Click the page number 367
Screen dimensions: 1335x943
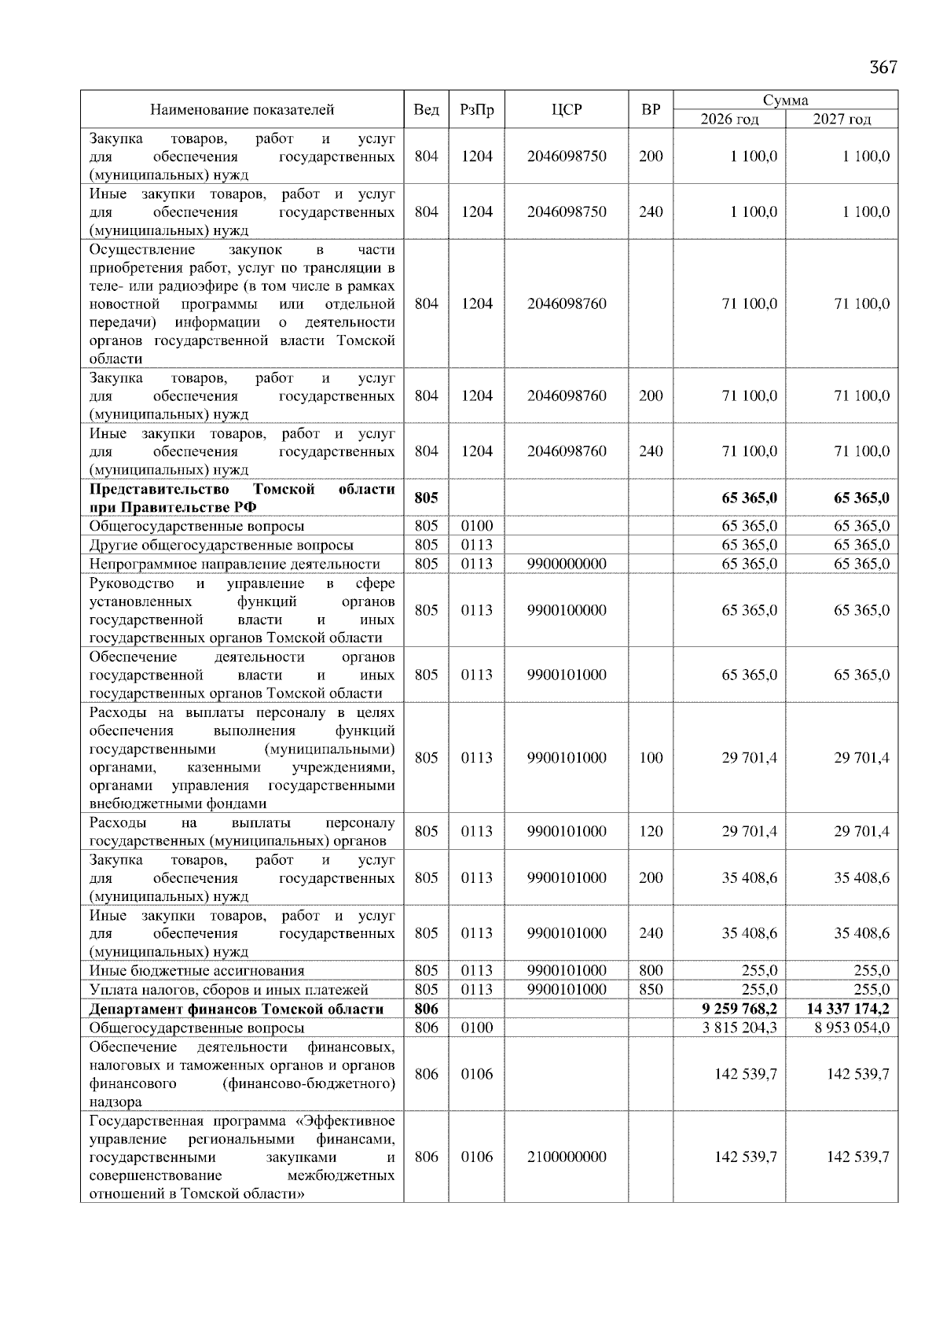882,68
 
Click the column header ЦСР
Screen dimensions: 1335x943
567,110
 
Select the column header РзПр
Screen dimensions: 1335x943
476,110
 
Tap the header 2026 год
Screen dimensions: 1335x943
729,120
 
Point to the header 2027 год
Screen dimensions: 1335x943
842,120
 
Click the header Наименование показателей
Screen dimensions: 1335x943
242,110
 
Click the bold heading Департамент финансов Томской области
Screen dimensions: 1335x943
237,1009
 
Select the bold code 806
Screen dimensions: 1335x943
426,1009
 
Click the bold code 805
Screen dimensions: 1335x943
426,498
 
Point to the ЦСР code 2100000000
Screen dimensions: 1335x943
567,1157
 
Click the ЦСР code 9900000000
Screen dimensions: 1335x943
567,564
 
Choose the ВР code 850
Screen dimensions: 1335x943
651,990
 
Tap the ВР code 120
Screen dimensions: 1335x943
651,832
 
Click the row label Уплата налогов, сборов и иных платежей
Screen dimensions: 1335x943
229,990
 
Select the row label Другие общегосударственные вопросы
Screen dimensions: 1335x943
221,545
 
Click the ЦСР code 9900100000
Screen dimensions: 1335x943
567,610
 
